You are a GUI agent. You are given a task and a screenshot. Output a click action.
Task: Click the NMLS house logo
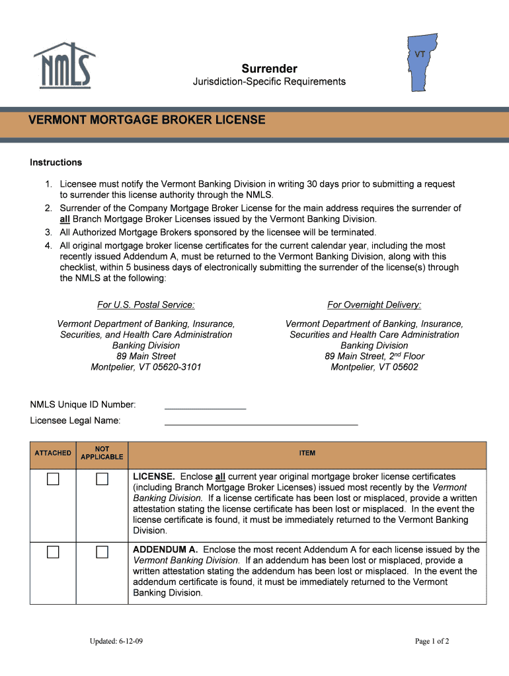64,65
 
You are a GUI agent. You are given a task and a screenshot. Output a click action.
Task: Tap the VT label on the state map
420,54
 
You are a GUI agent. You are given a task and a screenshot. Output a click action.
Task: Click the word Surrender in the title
269,69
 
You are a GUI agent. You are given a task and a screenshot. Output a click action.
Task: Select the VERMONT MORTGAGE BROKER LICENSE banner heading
147,120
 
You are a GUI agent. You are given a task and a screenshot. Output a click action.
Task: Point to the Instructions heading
56,162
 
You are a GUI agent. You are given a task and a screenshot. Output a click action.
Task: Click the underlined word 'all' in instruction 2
65,219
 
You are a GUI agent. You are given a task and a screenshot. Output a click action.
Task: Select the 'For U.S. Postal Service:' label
146,304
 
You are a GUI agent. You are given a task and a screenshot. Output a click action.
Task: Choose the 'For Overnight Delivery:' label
374,304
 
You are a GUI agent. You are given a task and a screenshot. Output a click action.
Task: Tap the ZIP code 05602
403,367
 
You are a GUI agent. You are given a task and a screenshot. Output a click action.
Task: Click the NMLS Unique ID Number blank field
205,404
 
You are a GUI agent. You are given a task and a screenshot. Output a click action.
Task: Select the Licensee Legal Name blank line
261,420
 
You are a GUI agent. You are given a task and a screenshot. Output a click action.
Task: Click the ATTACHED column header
53,453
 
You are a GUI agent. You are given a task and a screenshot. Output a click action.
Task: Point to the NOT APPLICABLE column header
102,453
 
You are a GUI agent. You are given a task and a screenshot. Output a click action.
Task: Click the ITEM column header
307,453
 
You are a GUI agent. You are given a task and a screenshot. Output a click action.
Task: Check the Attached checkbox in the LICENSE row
53,479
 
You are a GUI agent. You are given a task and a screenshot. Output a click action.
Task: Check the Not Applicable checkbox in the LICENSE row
102,479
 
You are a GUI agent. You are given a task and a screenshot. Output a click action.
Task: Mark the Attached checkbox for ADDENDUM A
53,552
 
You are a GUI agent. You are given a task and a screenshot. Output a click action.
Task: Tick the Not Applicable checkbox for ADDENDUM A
102,552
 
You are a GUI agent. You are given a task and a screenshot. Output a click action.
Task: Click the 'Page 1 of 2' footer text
432,641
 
